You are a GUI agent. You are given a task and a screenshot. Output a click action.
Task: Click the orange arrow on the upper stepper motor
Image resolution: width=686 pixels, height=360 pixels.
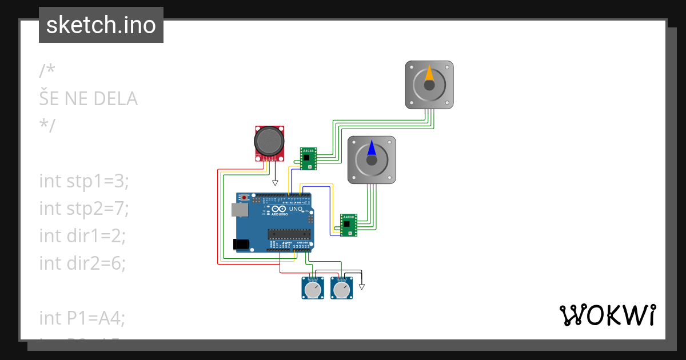coord(429,75)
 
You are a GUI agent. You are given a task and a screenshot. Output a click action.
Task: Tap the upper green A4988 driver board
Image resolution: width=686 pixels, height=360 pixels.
coord(309,159)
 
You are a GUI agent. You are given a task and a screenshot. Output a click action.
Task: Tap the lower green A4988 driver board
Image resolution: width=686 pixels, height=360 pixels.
coord(349,225)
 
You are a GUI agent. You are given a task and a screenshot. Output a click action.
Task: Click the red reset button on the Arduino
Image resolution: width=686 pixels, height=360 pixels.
coord(245,198)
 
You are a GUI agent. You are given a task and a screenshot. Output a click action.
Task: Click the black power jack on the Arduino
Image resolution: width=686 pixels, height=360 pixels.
coord(242,244)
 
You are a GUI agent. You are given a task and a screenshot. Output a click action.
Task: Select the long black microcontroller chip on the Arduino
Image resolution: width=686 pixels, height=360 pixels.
coord(290,233)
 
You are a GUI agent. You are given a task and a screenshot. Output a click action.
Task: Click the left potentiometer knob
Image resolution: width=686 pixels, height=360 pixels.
coord(312,290)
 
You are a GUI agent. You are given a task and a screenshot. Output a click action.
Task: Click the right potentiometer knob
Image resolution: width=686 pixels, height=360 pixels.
coord(341,290)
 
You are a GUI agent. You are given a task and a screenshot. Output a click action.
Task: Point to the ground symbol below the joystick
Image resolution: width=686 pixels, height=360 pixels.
coord(275,183)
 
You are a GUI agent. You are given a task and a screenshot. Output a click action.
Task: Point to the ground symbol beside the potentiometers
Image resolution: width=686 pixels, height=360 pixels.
coord(361,286)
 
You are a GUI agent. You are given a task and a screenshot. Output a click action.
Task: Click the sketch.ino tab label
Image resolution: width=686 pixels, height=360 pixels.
coord(101,25)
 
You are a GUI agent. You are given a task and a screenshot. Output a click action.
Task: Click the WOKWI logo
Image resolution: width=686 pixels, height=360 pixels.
coord(607,315)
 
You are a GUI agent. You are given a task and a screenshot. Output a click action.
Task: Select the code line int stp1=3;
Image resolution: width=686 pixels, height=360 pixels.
coord(85,181)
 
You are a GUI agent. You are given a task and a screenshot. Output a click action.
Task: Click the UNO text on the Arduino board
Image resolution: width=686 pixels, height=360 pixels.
coord(296,209)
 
